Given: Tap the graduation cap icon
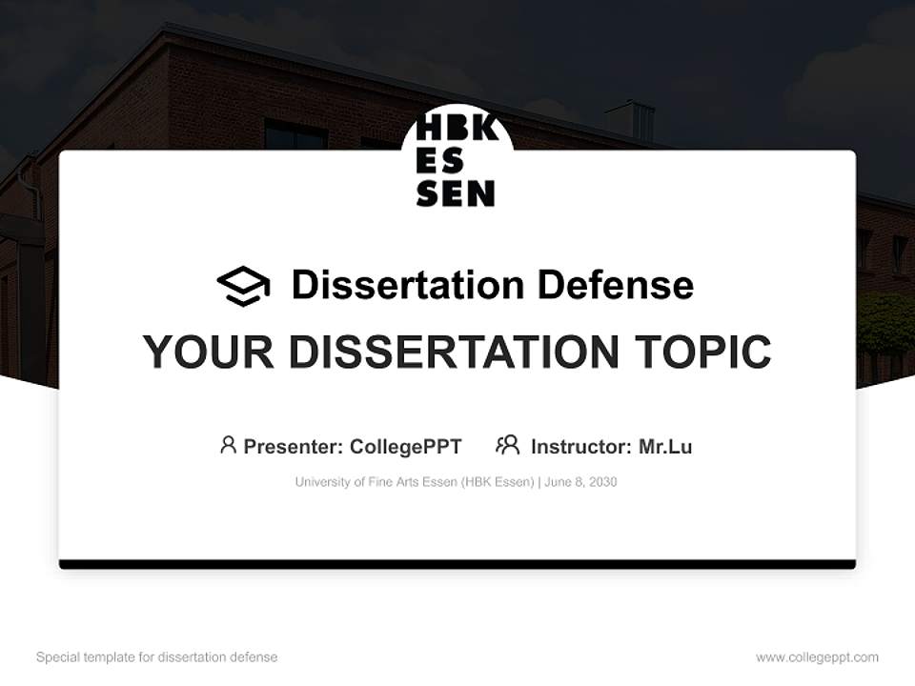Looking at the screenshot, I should pyautogui.click(x=243, y=285).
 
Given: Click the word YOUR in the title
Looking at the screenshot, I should pyautogui.click(x=209, y=352).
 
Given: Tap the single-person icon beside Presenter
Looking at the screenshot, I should pyautogui.click(x=228, y=445).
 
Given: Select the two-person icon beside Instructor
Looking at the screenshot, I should pyautogui.click(x=507, y=445).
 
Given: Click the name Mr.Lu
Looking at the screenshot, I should pyautogui.click(x=665, y=446).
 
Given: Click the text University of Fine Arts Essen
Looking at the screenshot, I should pyautogui.click(x=376, y=482).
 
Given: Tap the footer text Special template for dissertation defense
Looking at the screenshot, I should pyautogui.click(x=156, y=657).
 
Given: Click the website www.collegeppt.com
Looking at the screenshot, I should pyautogui.click(x=817, y=657).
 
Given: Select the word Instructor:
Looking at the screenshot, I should pyautogui.click(x=580, y=446).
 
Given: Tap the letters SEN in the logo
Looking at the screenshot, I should pyautogui.click(x=456, y=193).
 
